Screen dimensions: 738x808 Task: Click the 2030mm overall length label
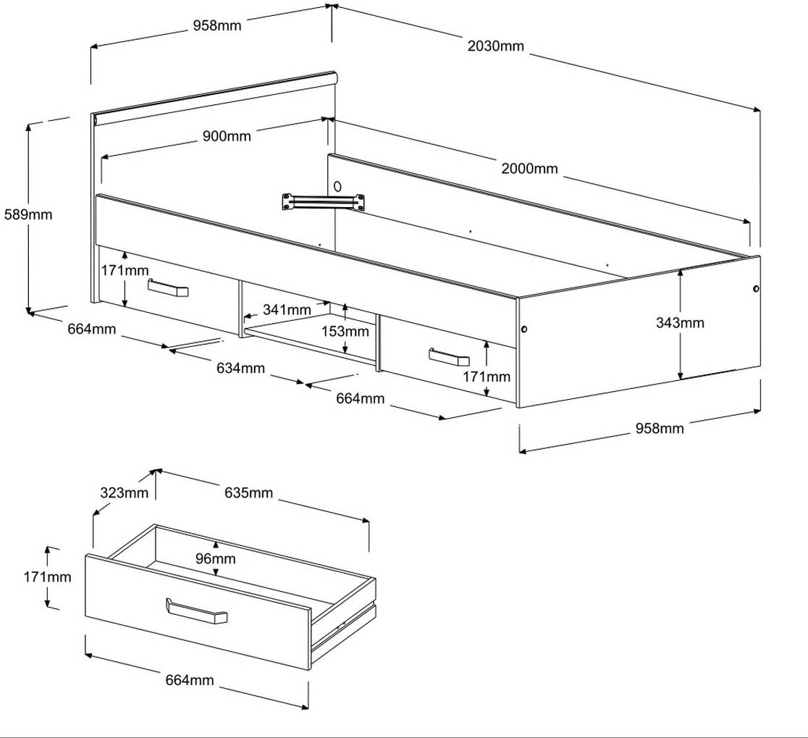click(495, 46)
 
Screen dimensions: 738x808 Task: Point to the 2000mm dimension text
click(529, 169)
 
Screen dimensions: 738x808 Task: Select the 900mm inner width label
click(227, 136)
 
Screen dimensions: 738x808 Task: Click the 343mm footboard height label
click(679, 322)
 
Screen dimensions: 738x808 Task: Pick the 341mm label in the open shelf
click(287, 310)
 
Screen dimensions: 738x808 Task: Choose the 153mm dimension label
click(345, 331)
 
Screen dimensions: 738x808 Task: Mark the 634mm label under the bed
click(240, 368)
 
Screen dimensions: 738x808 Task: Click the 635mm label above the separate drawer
click(248, 493)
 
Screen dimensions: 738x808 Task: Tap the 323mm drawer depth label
click(125, 493)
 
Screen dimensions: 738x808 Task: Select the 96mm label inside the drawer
click(216, 558)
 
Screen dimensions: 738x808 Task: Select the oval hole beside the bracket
click(337, 186)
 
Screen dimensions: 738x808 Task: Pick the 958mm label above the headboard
click(216, 26)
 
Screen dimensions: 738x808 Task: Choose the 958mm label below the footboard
click(660, 428)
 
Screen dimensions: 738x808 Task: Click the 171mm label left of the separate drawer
click(49, 577)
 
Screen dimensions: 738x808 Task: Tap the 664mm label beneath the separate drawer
click(190, 680)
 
